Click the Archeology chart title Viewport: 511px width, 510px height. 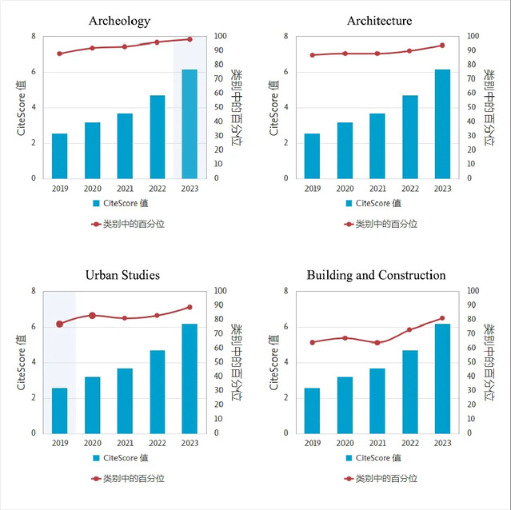pos(120,21)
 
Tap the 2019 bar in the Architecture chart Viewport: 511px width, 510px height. pos(312,156)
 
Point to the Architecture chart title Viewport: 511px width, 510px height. pos(380,21)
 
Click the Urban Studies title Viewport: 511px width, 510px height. pos(122,275)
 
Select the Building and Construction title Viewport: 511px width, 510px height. pos(376,275)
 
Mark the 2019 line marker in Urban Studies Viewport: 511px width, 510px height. pos(60,324)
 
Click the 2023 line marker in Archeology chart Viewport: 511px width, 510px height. pos(190,39)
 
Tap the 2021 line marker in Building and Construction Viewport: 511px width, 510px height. pos(377,342)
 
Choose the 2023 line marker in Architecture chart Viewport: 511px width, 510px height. pos(442,45)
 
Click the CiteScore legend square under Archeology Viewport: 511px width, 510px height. pos(96,203)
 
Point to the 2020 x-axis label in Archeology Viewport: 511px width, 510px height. pos(92,189)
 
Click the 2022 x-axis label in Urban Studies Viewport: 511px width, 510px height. pos(157,444)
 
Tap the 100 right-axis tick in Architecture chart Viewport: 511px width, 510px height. pos(473,36)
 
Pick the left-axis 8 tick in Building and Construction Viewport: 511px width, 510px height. pos(286,291)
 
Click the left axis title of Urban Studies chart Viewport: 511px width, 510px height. pos(22,362)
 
